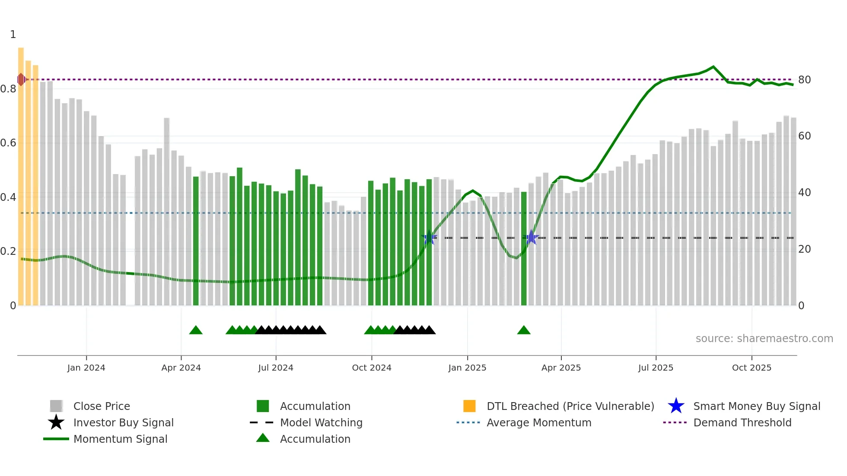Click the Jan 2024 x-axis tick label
click(86, 368)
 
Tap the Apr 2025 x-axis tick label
click(561, 368)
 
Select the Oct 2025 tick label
click(751, 368)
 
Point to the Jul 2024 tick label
click(276, 368)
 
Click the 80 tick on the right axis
click(804, 80)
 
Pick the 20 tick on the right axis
click(804, 249)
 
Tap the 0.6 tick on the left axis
click(8, 143)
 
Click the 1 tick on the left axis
click(13, 35)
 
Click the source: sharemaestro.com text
click(764, 339)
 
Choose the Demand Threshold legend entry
click(742, 423)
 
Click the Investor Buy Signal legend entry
click(123, 423)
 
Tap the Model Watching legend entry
click(321, 423)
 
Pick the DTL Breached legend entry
click(570, 406)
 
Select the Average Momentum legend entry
click(538, 423)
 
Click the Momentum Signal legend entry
click(120, 439)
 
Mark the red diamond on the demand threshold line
click(21, 79)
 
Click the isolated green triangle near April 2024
click(196, 330)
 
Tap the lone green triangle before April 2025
click(524, 330)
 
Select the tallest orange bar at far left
click(21, 173)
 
